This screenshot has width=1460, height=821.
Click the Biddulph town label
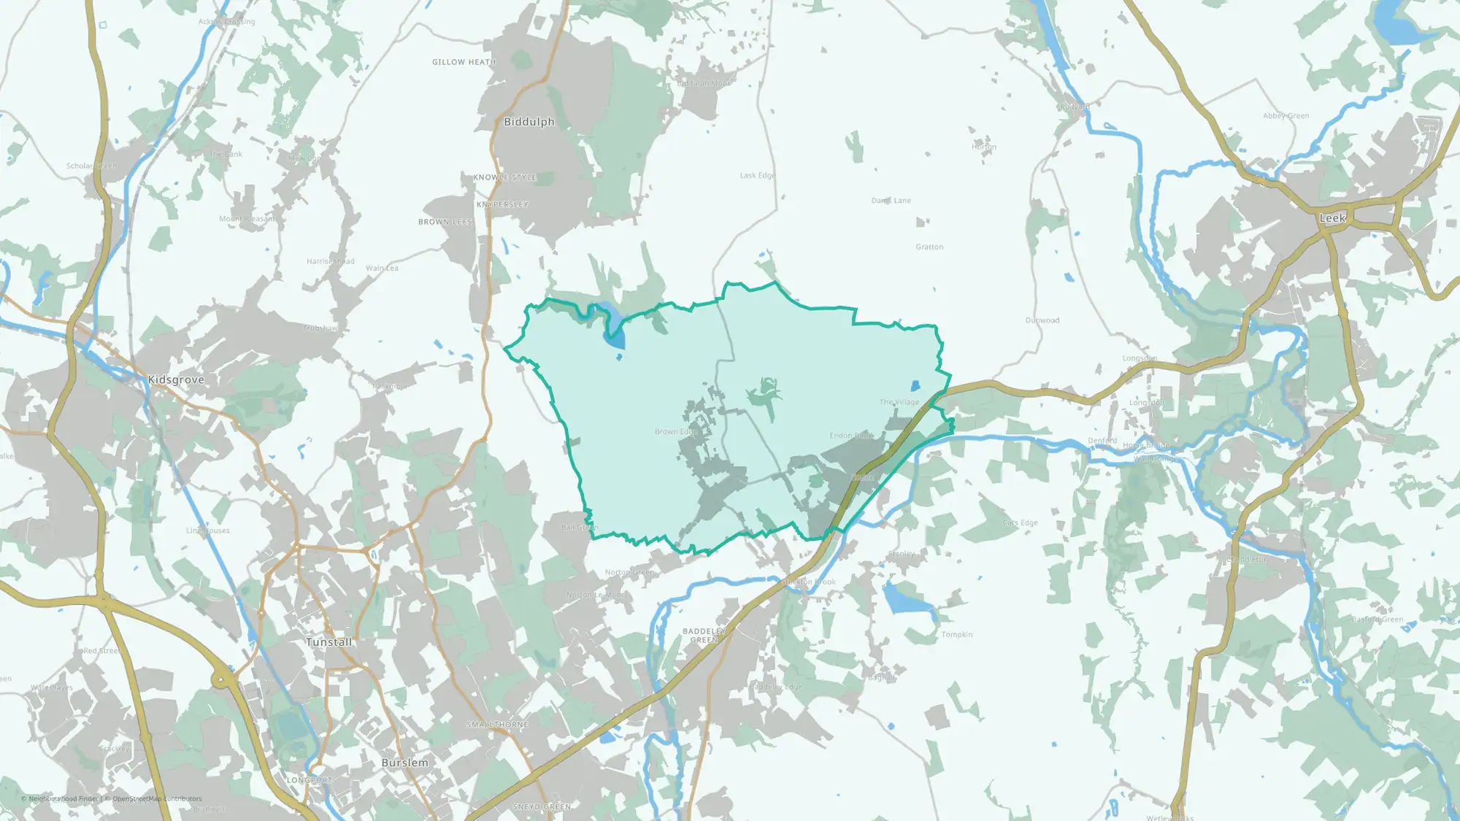coord(529,122)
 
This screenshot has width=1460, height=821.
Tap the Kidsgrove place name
coord(176,379)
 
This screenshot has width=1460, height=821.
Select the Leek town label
coord(1332,218)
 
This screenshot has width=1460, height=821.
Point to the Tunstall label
coord(328,642)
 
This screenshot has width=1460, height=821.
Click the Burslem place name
coord(404,763)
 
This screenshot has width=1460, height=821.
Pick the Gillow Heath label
coord(464,62)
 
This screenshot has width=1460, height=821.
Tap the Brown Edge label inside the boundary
coord(676,432)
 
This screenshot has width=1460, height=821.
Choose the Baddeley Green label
coord(704,636)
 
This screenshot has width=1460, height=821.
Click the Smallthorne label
coord(497,725)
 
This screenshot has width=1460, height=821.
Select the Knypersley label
coord(502,204)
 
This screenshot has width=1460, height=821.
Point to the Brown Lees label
coord(445,222)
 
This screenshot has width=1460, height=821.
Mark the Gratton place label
coord(929,247)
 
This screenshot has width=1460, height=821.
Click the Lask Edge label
coord(757,176)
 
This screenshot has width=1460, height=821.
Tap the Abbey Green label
coord(1286,116)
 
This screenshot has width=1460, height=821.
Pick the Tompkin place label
coord(956,635)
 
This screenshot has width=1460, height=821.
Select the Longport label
coord(310,780)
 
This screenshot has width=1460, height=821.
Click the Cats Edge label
coord(1020,523)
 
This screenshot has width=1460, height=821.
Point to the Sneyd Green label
coord(542,806)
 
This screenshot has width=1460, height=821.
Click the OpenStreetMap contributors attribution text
coord(157,798)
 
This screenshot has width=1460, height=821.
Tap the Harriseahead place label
coord(330,261)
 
